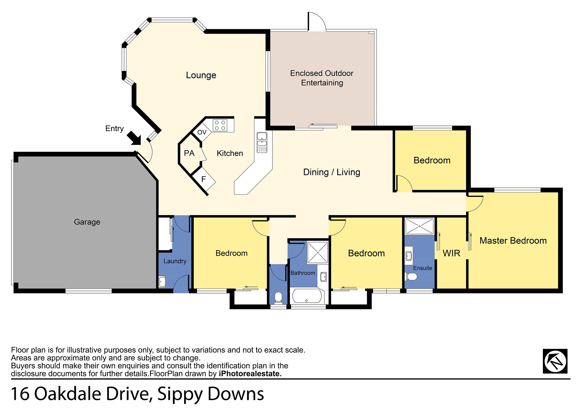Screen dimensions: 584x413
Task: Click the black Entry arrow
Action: tap(135, 138)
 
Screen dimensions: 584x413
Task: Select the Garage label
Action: tap(87, 222)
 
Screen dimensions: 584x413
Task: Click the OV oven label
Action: tap(202, 132)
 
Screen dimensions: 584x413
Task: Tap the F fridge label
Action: tap(203, 179)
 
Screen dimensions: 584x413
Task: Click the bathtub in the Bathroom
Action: tap(307, 296)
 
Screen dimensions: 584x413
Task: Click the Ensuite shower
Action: tap(419, 226)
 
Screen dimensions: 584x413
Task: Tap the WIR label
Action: tap(451, 253)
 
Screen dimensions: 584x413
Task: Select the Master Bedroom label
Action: tap(513, 241)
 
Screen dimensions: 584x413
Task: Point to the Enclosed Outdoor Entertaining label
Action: tap(322, 78)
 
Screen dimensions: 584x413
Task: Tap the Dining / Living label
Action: tap(332, 172)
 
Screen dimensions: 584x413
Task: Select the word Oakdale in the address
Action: tap(68, 394)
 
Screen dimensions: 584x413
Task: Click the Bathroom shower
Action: tap(318, 252)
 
